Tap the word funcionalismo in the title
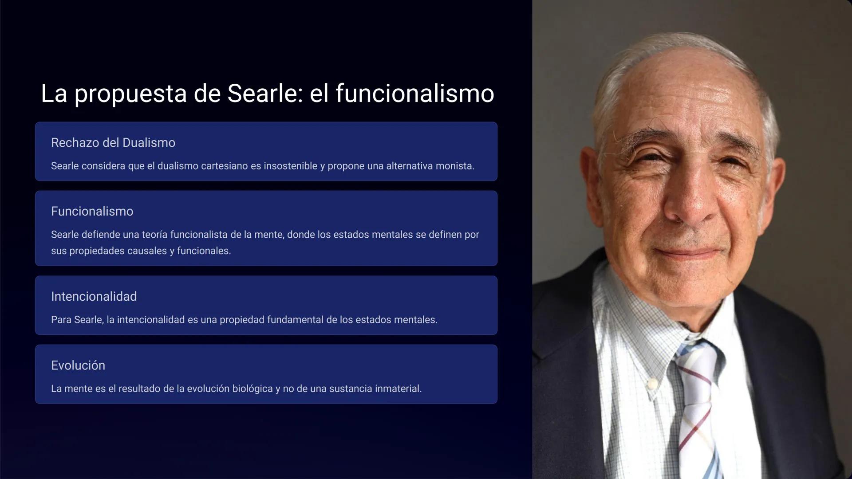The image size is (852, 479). [414, 94]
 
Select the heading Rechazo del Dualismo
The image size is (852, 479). [113, 143]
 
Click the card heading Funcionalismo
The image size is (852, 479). [92, 212]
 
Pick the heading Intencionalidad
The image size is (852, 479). [94, 297]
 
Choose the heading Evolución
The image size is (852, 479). [78, 365]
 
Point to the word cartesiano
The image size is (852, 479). [224, 166]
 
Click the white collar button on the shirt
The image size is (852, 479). [651, 382]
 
